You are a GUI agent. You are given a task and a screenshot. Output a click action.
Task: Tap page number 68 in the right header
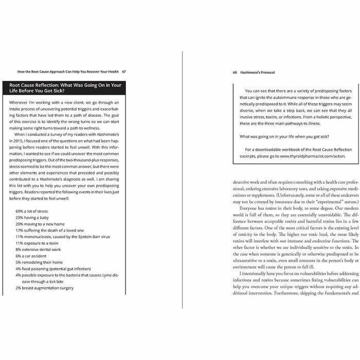tap(235, 71)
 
